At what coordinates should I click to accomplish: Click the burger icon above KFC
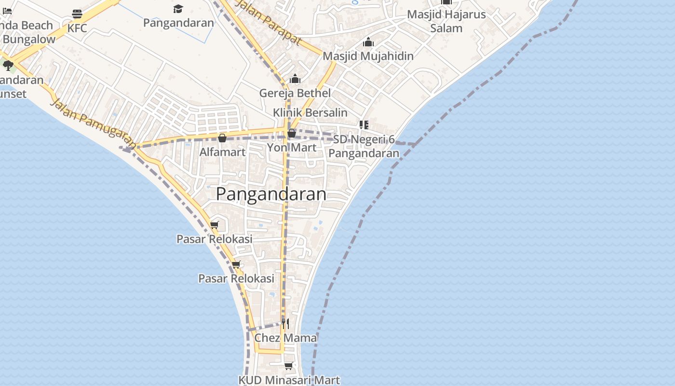77,14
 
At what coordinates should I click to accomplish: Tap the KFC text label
77,28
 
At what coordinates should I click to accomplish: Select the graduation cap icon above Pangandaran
178,9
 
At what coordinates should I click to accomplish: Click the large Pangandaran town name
271,194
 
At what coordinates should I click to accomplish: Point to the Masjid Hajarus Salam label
446,21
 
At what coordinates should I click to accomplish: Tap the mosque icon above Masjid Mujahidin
368,42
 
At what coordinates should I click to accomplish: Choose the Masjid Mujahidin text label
368,56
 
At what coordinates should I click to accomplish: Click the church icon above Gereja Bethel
295,79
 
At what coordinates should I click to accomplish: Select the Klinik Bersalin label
310,112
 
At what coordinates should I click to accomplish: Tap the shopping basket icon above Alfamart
222,138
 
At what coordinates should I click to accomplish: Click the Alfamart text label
223,152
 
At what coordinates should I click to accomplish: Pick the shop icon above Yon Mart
292,133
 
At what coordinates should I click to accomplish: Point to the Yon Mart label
292,147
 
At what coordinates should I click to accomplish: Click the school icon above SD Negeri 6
364,125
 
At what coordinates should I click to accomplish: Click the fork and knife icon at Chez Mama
285,323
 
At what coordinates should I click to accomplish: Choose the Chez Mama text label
285,338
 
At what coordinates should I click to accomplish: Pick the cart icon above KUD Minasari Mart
289,366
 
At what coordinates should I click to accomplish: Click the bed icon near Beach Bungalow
7,11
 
